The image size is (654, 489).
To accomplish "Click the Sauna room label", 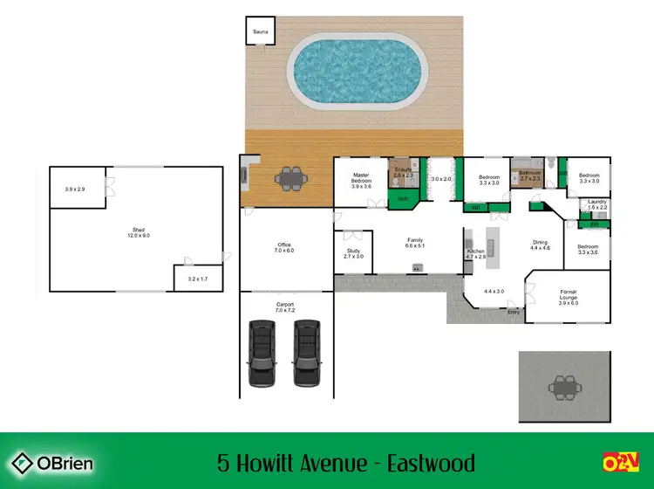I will click(260, 32).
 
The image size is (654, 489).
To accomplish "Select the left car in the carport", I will click(262, 354).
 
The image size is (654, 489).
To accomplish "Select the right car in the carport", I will click(306, 354).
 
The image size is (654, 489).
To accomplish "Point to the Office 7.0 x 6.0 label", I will click(285, 248).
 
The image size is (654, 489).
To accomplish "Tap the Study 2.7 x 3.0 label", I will click(353, 253).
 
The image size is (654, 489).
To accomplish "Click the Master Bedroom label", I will click(361, 181).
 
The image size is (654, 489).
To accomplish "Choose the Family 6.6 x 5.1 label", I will click(415, 243).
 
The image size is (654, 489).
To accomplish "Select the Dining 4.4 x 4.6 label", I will click(541, 245).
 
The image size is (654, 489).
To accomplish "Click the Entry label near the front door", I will click(514, 312).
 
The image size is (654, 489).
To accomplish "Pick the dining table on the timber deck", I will click(290, 179).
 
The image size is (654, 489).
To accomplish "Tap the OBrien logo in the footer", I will click(51, 462).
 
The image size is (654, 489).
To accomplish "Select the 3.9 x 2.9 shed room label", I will click(76, 189).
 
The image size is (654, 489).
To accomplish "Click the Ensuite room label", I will click(403, 172).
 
